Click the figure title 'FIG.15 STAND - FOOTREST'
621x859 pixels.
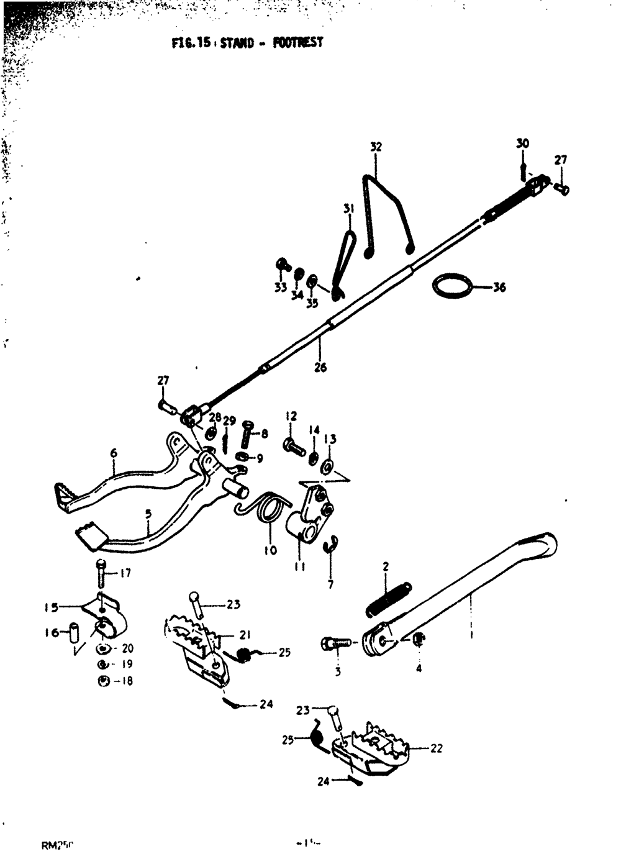247,43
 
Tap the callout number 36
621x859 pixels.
499,288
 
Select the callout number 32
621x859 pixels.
376,147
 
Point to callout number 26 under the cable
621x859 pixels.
320,367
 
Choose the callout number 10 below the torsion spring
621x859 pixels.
271,550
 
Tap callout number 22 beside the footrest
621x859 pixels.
437,748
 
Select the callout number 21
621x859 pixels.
245,635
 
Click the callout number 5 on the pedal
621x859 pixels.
148,514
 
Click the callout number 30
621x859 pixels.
522,143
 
